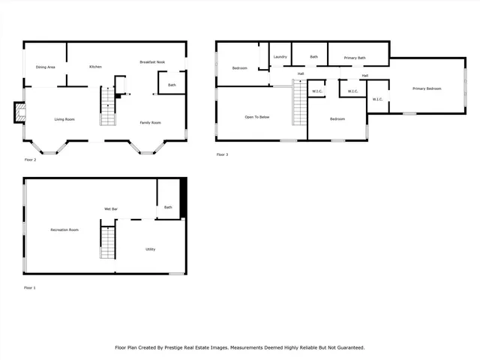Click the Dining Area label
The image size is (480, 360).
(46, 67)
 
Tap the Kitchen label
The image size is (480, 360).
(96, 67)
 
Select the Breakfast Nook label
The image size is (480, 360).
(152, 61)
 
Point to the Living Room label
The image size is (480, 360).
(64, 119)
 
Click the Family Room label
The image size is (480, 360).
(151, 122)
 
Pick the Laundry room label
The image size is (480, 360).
(280, 57)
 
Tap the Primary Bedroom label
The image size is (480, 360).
(427, 88)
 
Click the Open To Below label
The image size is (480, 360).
(257, 118)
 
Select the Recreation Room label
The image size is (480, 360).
(64, 229)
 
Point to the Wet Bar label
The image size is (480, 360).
(110, 208)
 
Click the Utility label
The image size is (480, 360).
(150, 249)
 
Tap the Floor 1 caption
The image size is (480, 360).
(30, 288)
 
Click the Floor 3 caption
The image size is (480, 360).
(222, 154)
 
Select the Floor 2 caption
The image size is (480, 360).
(30, 160)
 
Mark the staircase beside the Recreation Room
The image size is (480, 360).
(109, 241)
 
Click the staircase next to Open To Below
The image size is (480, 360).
(300, 103)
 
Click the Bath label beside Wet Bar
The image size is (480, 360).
(168, 207)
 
